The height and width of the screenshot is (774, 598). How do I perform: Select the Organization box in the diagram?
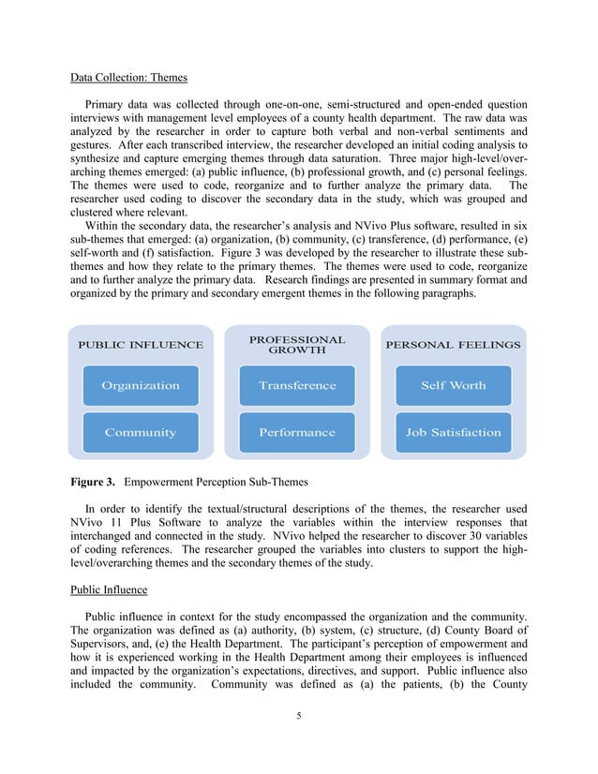click(141, 385)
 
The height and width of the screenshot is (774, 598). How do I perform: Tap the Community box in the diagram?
click(141, 432)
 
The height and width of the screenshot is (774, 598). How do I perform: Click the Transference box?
click(297, 385)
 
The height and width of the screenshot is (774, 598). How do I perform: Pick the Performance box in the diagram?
click(297, 432)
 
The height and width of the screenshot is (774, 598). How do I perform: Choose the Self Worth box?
click(454, 385)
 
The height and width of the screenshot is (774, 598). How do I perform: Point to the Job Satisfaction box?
click(454, 432)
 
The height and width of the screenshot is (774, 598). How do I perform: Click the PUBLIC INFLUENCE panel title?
click(141, 345)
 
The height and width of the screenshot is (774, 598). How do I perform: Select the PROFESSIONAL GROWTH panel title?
click(297, 345)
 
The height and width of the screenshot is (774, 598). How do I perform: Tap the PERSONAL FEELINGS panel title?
click(454, 345)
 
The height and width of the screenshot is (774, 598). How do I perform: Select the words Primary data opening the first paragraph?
click(116, 104)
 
